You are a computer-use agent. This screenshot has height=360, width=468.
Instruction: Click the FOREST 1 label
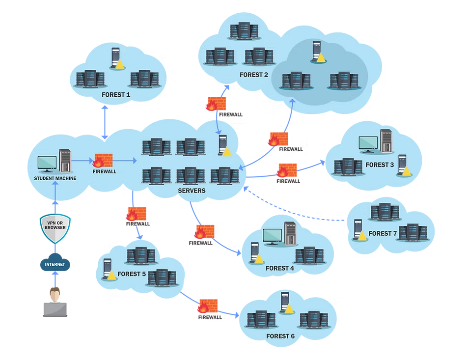116,94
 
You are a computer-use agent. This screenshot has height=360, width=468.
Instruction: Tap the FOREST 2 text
253,75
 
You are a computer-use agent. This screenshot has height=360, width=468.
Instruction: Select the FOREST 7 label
382,233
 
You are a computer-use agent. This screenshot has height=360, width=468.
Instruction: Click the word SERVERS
192,191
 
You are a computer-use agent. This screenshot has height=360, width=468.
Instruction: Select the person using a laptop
55,302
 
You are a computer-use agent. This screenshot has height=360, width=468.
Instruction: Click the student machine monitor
47,163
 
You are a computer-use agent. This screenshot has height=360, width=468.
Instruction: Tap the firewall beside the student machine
103,161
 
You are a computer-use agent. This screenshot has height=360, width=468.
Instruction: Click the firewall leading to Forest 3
287,170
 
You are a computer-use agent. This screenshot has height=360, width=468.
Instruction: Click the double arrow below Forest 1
105,122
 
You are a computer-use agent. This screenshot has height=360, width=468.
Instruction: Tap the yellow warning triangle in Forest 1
119,64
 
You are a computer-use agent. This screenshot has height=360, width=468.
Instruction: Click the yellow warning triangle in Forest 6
289,309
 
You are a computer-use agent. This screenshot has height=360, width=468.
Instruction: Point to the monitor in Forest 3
368,143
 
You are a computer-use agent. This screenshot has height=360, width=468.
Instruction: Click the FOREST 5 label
132,274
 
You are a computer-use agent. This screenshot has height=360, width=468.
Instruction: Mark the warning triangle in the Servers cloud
226,152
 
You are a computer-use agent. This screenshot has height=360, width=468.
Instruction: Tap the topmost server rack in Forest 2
244,30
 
